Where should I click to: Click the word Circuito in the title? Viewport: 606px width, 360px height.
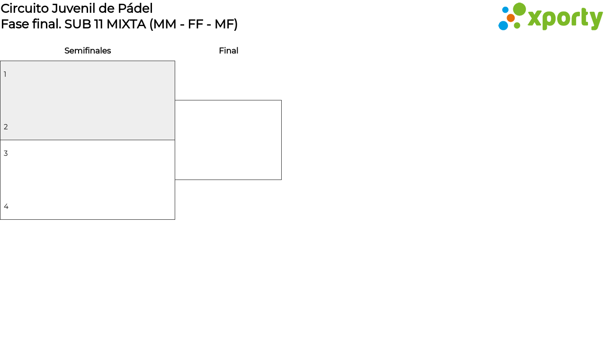coord(25,9)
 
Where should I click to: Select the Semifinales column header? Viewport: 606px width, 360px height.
coord(88,51)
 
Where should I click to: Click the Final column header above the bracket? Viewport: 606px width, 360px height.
coord(229,51)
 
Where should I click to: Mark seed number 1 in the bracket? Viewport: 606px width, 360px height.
coord(5,74)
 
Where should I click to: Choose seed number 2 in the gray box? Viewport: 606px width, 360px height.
coord(6,126)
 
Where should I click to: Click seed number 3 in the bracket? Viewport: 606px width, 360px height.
coord(6,153)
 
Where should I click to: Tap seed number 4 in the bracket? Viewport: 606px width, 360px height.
coord(6,206)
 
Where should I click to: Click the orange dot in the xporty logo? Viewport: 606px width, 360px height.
coord(510,18)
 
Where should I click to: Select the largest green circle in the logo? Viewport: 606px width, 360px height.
coord(519,9)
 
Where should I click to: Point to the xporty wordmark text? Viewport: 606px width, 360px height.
coord(565,18)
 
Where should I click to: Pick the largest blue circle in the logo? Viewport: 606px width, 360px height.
coord(503,26)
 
